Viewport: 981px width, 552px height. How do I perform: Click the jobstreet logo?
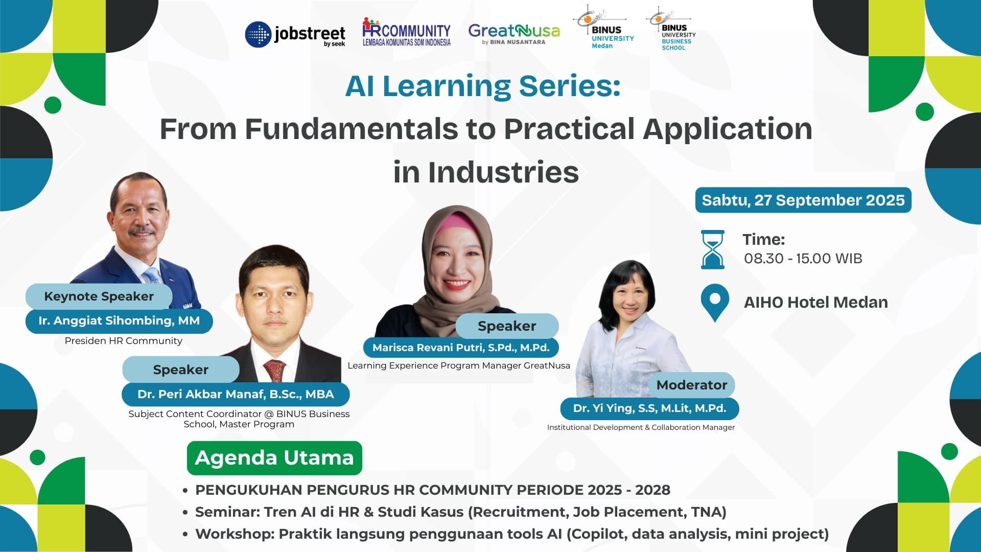pos(295,35)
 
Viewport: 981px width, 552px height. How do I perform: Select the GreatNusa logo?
pos(514,34)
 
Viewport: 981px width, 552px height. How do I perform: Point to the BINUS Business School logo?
pos(671,29)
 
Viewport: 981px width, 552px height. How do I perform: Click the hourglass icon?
pos(712,249)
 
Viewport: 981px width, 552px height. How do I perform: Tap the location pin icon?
pos(715,303)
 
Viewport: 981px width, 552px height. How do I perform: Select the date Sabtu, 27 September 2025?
pos(803,200)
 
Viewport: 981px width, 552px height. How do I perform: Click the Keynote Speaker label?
pos(99,296)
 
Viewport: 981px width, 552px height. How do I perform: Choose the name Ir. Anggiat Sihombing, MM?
pos(119,321)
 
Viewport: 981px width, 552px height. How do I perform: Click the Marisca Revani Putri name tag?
pos(461,348)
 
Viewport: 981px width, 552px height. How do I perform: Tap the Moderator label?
pos(692,385)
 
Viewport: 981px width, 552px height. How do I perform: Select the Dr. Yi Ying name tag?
pos(649,408)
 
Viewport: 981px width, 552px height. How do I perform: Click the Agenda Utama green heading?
pos(274,458)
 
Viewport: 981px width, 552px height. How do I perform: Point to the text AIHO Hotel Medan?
pos(816,303)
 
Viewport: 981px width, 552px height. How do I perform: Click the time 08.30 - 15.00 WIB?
pos(803,259)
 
